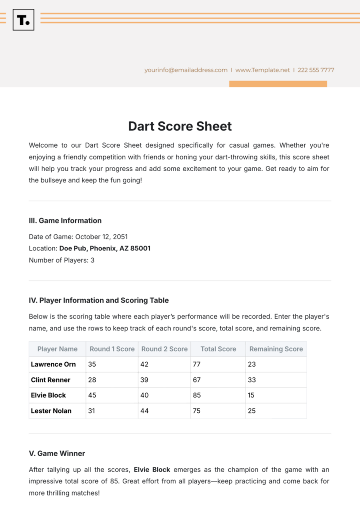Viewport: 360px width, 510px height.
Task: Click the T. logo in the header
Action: [23, 19]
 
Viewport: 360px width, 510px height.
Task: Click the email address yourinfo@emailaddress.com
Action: [186, 70]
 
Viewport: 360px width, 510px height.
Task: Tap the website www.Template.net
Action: [262, 70]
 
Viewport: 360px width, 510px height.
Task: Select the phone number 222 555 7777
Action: [316, 70]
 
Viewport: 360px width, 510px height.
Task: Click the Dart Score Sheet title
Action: [180, 126]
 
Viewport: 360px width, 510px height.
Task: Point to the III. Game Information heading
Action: [65, 220]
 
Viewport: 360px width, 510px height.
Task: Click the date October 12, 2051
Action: [101, 237]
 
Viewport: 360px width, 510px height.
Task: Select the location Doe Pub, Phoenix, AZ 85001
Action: [105, 248]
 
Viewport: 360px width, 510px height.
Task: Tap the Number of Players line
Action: [61, 260]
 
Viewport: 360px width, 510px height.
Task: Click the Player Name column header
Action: [57, 349]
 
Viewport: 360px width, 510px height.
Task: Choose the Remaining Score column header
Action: [276, 349]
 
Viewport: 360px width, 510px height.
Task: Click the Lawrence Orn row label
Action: [53, 364]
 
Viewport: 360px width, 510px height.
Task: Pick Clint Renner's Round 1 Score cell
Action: [111, 380]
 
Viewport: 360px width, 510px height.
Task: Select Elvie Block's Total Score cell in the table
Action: [218, 395]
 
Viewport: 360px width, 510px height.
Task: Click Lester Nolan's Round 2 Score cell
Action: [164, 411]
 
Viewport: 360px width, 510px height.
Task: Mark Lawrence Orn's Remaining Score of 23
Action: [276, 364]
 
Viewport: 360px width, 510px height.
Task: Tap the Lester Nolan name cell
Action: [51, 411]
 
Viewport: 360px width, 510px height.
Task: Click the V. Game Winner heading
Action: [57, 453]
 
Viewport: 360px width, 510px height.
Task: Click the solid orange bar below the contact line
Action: [278, 84]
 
